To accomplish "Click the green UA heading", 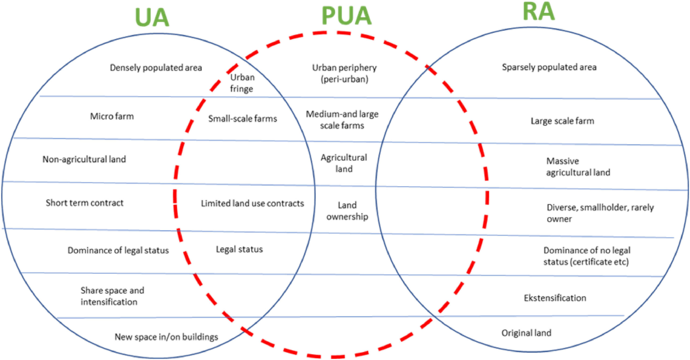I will point(152,18).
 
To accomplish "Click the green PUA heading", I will point(346,16).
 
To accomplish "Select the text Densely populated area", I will point(156,68).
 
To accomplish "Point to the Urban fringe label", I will point(242,83).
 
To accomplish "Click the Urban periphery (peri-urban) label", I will point(344,73).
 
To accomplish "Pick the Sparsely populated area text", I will point(549,67).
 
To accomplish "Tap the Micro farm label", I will point(112,116).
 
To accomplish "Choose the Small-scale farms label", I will point(243,119).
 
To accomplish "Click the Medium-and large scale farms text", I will point(342,120).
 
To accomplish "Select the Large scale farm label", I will point(562,121).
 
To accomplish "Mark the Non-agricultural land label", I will point(84,159).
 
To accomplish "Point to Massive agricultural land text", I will point(578,167).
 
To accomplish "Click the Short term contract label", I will point(84,203).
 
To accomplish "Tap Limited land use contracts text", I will point(252,203).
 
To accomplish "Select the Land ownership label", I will point(347,211).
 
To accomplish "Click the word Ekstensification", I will point(555,298).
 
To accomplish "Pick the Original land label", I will point(526,333).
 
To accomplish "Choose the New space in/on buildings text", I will point(166,337).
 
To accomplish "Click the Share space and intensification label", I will point(112,296).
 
